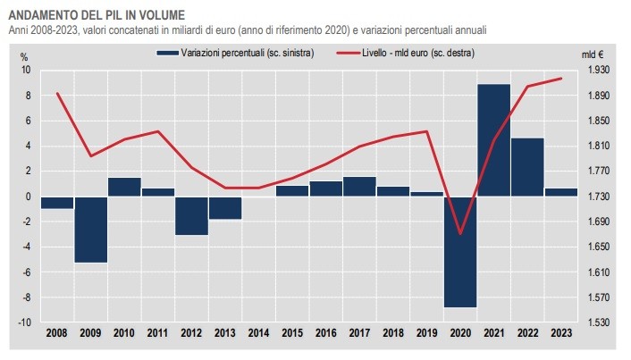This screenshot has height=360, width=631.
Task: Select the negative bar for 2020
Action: (460, 251)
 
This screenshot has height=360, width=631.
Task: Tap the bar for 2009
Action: (90, 230)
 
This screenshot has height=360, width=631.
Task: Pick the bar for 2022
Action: (527, 167)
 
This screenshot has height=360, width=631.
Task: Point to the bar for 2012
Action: (191, 215)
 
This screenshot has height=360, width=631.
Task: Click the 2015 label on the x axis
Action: (292, 333)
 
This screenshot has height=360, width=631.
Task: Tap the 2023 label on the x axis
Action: (560, 333)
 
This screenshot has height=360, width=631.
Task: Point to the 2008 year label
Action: (57, 333)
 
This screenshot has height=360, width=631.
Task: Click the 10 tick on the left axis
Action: (26, 70)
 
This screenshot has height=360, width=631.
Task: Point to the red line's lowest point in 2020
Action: (460, 234)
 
